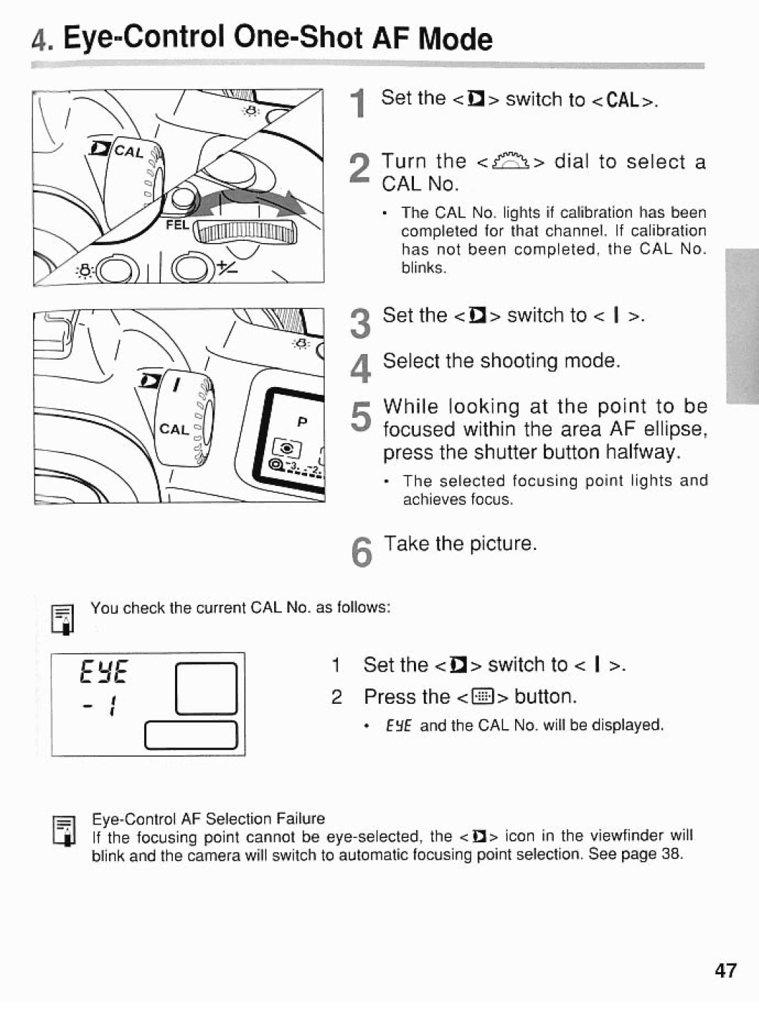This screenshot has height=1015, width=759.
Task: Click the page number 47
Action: click(725, 971)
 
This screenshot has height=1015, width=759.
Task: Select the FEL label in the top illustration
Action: click(178, 225)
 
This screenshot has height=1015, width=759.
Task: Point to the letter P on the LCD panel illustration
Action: click(302, 423)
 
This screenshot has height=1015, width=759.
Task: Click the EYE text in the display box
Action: click(104, 674)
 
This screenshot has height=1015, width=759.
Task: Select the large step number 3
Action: click(360, 325)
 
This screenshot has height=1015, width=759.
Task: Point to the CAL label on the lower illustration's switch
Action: click(173, 429)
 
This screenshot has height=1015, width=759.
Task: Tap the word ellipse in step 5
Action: click(671, 429)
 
